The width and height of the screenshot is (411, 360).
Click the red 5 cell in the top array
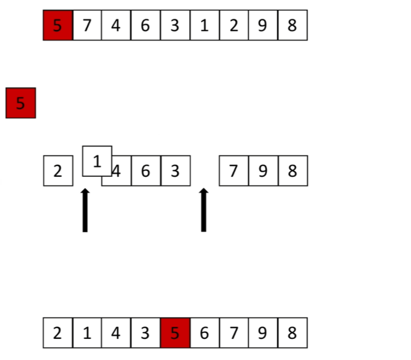coord(58,25)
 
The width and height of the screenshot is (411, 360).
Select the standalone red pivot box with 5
coord(21,103)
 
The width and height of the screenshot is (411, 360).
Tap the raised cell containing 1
coord(97,161)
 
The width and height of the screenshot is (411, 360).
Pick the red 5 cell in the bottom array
coord(175,333)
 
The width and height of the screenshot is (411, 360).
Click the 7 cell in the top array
coord(87,25)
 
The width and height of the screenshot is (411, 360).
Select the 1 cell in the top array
coord(204,25)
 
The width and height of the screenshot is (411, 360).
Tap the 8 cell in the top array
coord(292,25)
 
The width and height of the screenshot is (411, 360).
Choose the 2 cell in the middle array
coord(58,171)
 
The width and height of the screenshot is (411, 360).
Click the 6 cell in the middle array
coord(145,171)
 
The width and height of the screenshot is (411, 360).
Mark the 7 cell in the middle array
coord(234,171)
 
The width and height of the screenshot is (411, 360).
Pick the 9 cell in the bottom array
coord(263,333)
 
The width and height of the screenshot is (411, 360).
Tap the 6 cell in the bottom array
coord(204,333)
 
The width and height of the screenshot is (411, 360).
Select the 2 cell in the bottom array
coord(58,333)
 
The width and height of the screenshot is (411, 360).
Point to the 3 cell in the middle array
coord(175,171)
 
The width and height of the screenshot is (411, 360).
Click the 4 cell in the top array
coord(116,25)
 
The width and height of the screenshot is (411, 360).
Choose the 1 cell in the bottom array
coord(87,333)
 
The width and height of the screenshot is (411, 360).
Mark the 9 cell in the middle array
coord(263,171)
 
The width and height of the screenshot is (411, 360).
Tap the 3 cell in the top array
coord(175,25)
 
